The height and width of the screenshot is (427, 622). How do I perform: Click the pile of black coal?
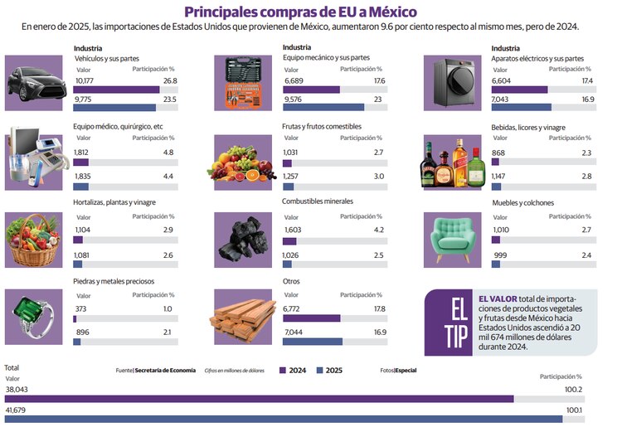[244, 238]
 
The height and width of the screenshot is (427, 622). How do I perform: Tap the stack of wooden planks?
[244, 316]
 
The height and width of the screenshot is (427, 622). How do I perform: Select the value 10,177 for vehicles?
[85, 80]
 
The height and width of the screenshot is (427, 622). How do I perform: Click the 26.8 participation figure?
[170, 80]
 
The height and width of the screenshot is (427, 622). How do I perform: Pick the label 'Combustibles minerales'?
[317, 201]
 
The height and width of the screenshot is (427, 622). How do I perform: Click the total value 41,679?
[17, 410]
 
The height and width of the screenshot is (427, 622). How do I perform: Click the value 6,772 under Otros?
[292, 308]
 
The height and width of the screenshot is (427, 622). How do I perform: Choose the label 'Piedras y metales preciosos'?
[114, 281]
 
